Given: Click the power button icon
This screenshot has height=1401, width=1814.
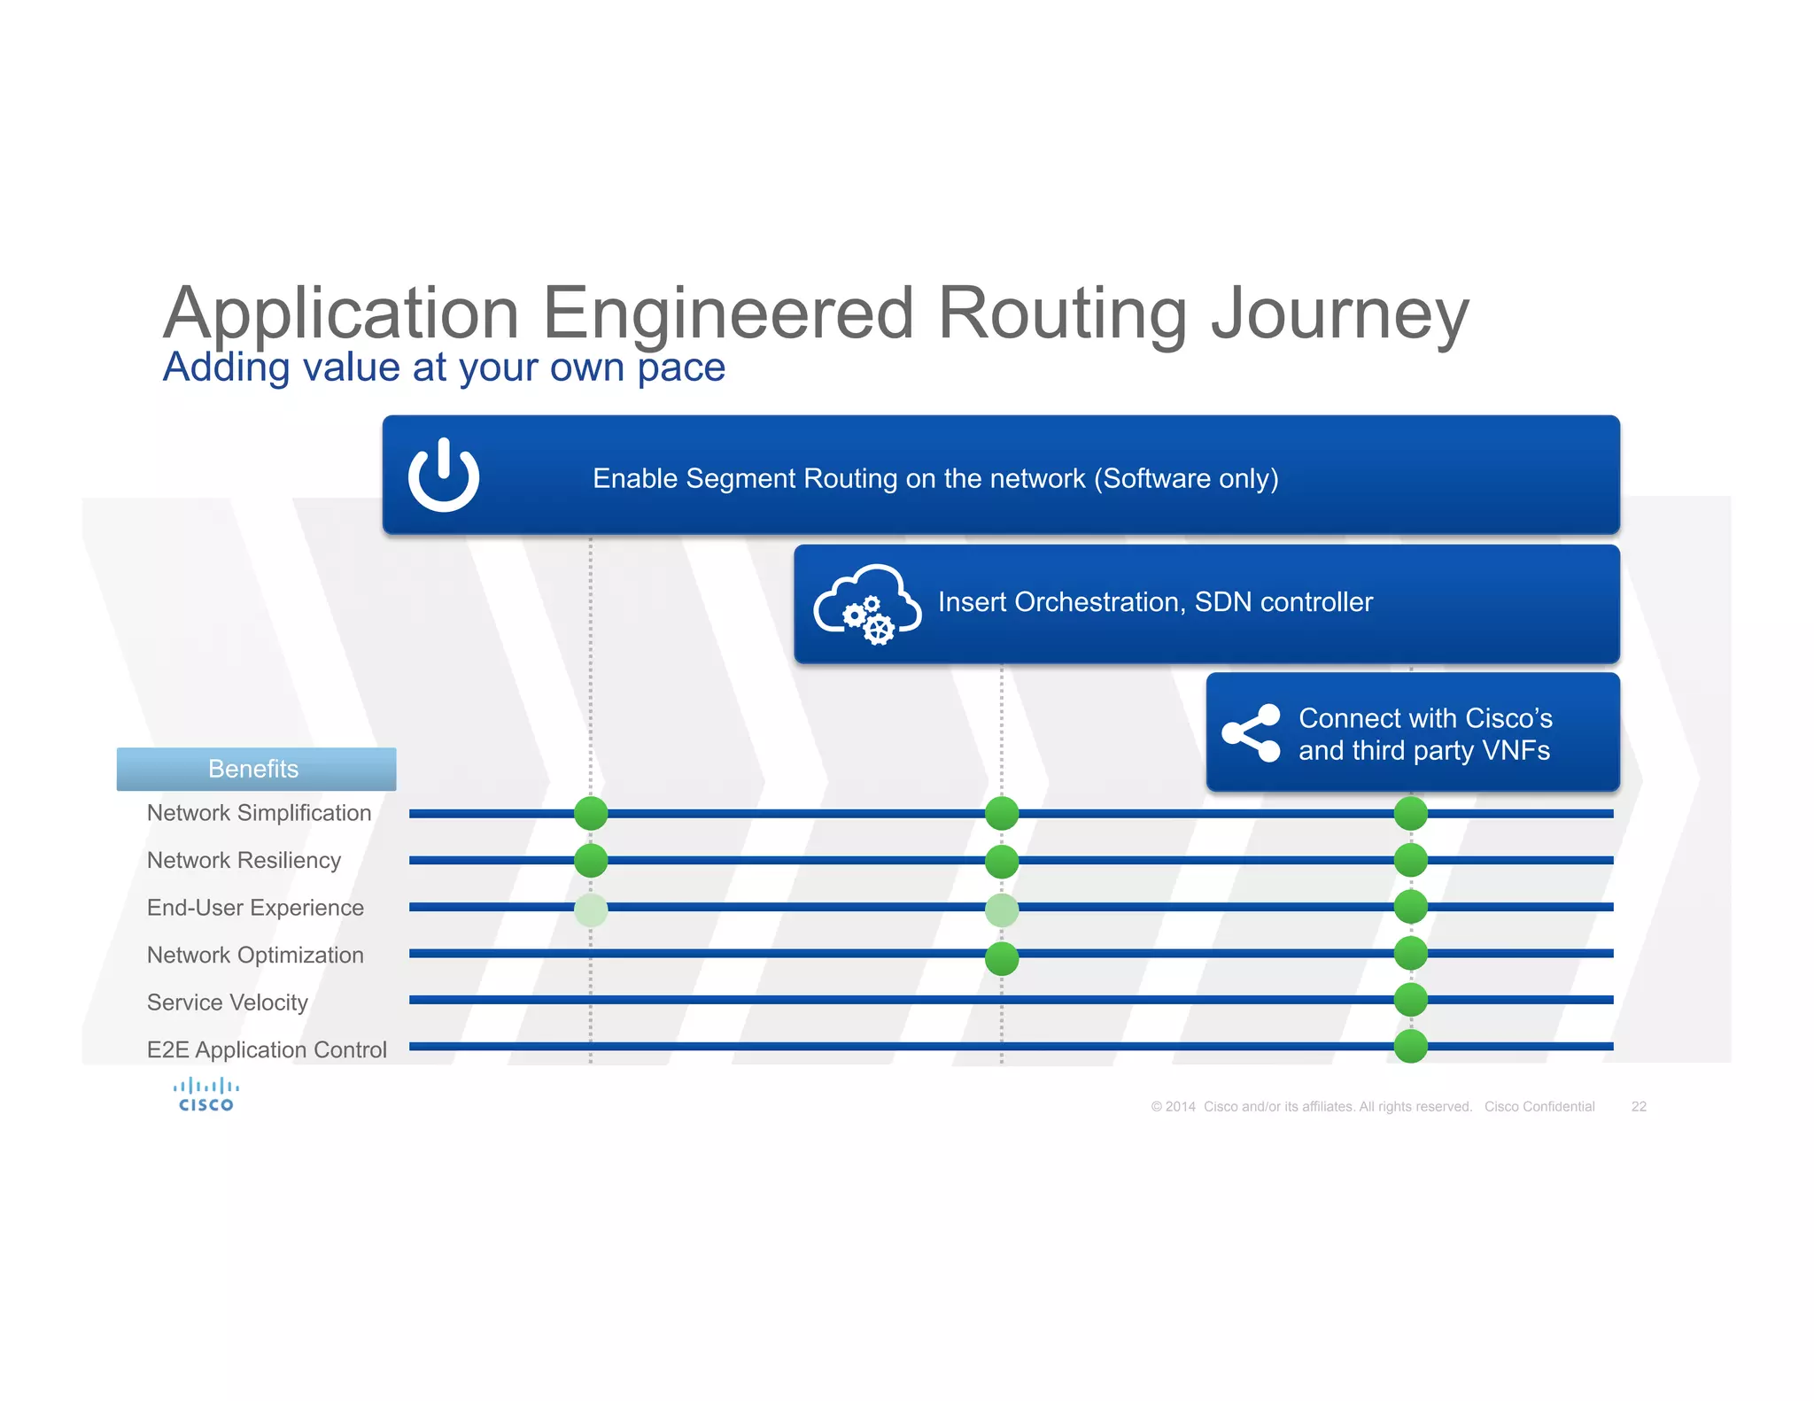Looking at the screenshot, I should click(443, 476).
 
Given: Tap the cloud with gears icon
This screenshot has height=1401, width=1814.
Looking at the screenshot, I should click(866, 604).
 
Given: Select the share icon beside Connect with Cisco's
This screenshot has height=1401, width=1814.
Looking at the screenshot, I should click(1251, 732).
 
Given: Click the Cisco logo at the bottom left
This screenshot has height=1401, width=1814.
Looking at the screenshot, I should click(205, 1095).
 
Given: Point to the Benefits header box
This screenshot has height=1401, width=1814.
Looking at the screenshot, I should click(256, 769).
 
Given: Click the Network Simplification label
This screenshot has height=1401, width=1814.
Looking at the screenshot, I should click(259, 813).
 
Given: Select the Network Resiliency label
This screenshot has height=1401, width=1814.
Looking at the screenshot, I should click(244, 860).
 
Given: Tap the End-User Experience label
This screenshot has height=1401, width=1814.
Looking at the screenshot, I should click(255, 908).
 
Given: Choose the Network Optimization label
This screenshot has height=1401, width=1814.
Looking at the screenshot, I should click(255, 955).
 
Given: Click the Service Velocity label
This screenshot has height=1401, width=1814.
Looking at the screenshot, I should click(228, 1002).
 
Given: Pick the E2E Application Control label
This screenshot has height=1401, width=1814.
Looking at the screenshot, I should click(267, 1049).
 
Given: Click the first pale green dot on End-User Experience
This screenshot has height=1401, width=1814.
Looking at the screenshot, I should click(591, 909).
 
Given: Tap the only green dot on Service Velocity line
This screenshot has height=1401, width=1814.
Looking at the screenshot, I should click(1410, 1000).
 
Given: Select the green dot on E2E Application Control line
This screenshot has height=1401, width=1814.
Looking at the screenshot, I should click(1410, 1046).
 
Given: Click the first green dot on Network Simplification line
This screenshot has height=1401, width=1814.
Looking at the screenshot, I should click(591, 813).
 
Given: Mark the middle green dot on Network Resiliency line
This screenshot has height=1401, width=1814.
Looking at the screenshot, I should click(1002, 861).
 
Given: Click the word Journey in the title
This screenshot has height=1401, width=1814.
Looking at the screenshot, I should click(1339, 314).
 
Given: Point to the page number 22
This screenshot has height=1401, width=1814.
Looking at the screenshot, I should click(1639, 1106).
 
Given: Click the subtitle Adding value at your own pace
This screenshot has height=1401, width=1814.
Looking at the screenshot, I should click(444, 368).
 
